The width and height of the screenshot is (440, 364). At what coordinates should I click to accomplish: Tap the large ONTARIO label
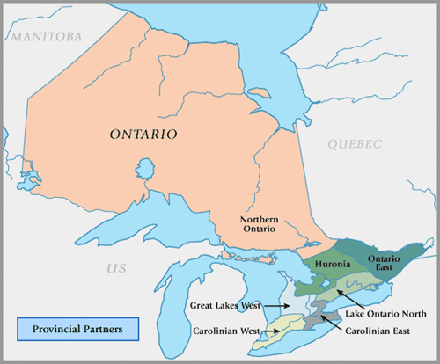(x=143, y=135)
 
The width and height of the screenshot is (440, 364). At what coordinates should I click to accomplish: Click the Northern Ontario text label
(x=260, y=223)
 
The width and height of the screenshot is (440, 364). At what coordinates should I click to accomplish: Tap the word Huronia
(x=332, y=264)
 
